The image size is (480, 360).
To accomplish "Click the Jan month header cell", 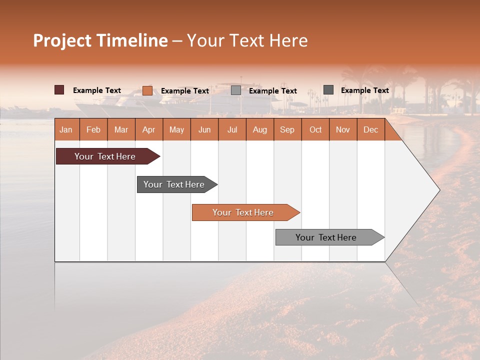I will pos(66,129).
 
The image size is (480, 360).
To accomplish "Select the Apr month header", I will pos(149,129).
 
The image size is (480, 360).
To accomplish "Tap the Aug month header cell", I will pos(260,129).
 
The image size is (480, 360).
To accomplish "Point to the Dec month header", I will pos(371,129).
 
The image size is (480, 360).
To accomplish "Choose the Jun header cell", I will pos(204,129).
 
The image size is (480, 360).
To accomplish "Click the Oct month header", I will pos(315,129).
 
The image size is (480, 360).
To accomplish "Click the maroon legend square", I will pos(59,90).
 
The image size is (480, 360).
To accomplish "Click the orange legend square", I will pos(147,90).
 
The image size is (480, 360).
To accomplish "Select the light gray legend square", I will pos(236,90).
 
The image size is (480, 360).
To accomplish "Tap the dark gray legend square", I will pos(328,90).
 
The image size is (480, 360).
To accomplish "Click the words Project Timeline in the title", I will pos(100,40).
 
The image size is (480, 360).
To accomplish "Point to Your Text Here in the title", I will pos(247,40).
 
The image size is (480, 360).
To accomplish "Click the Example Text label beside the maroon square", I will pos(97,90).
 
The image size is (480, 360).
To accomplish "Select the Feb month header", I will pos(93,129).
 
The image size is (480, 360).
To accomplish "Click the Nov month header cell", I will pos(343,129).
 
